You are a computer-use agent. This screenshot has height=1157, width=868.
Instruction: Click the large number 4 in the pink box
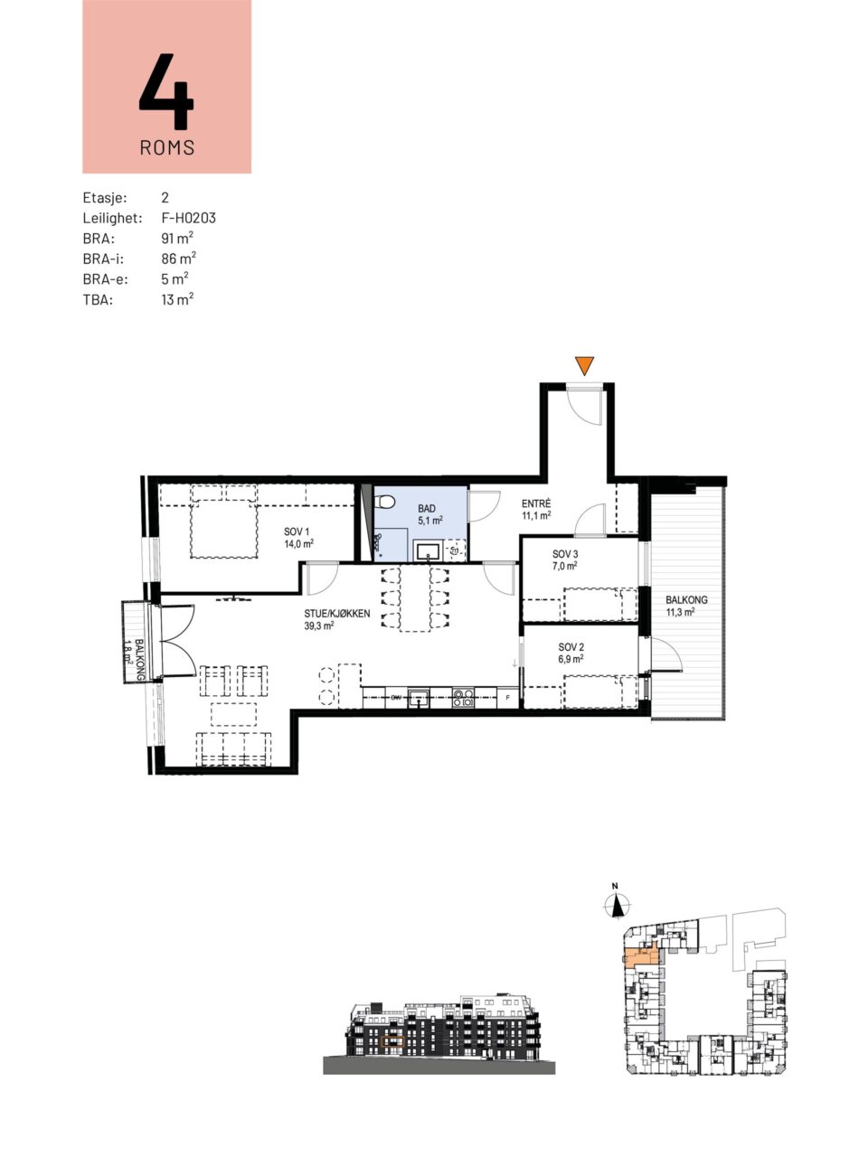pyautogui.click(x=166, y=91)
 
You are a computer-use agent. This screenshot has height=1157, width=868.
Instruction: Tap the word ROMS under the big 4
pyautogui.click(x=167, y=147)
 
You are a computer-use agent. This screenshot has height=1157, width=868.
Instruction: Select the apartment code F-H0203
pyautogui.click(x=189, y=218)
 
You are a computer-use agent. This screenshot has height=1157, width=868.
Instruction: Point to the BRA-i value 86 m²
pyautogui.click(x=179, y=259)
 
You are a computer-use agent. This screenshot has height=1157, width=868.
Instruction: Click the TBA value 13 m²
pyautogui.click(x=177, y=299)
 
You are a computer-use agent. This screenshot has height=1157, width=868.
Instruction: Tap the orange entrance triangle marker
pyautogui.click(x=584, y=365)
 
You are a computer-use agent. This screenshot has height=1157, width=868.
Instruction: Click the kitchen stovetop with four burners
pyautogui.click(x=463, y=699)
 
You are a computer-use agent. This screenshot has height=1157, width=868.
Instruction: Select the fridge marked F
pyautogui.click(x=508, y=699)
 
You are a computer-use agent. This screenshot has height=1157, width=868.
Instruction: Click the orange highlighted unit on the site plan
pyautogui.click(x=639, y=955)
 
